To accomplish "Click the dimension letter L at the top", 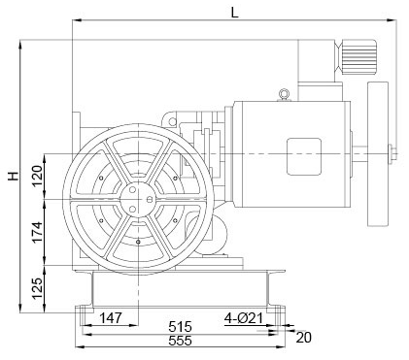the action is click(x=235, y=13).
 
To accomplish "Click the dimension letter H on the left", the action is click(x=14, y=176).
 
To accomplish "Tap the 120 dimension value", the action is click(x=37, y=176).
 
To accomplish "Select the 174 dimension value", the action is click(x=37, y=232).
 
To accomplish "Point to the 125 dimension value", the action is click(x=37, y=288).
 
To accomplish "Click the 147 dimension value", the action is click(x=111, y=318).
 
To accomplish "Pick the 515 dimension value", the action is click(x=180, y=327).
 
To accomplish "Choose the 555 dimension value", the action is click(x=180, y=341).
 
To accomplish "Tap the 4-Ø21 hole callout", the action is click(x=244, y=318).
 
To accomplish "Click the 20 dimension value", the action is click(x=304, y=338).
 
